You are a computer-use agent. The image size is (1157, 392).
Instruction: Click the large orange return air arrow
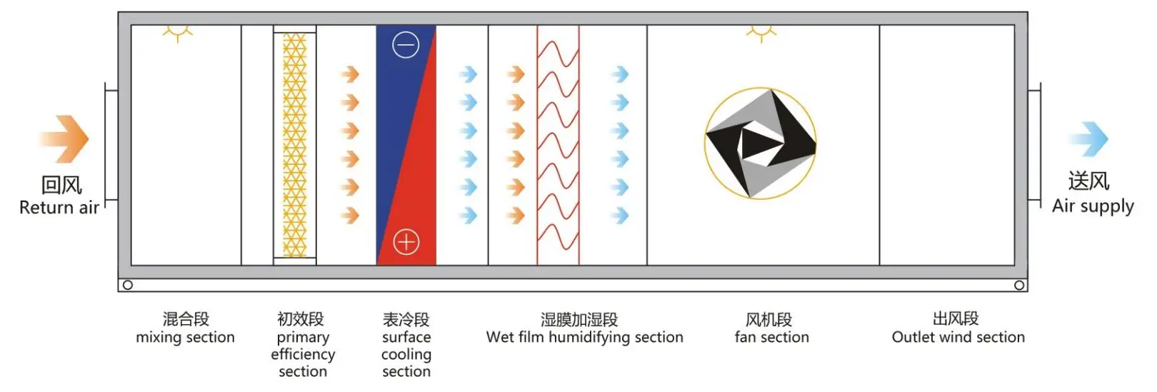[64, 139]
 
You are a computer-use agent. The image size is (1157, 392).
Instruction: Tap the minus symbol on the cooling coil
[406, 46]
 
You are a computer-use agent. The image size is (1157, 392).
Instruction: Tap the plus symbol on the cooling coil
[406, 242]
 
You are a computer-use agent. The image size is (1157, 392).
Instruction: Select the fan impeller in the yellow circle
[761, 144]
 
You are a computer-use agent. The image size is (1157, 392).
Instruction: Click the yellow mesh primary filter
[294, 145]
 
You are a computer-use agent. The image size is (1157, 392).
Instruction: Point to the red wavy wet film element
[558, 145]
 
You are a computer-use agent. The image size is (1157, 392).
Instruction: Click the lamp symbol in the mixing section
[176, 33]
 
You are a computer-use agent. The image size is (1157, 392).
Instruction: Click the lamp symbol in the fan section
[761, 33]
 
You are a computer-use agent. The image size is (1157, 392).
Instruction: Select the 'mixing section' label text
[185, 337]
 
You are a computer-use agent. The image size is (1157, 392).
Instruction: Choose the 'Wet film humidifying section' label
[584, 337]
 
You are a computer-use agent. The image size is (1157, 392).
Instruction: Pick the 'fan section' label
[771, 337]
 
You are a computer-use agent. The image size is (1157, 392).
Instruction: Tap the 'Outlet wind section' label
[958, 337]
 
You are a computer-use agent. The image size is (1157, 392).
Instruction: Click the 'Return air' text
[59, 208]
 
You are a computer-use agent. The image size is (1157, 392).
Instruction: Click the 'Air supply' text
[1093, 206]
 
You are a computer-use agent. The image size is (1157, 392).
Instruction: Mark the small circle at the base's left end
[128, 285]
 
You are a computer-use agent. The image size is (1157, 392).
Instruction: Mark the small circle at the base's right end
[1019, 285]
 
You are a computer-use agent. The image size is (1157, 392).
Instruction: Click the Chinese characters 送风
[1089, 181]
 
